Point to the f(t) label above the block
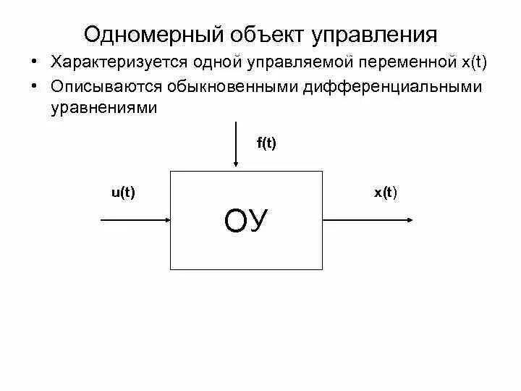(x=266, y=143)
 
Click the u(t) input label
(x=124, y=192)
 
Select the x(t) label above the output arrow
(x=385, y=192)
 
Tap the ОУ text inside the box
(x=247, y=220)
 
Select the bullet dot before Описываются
(x=35, y=87)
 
